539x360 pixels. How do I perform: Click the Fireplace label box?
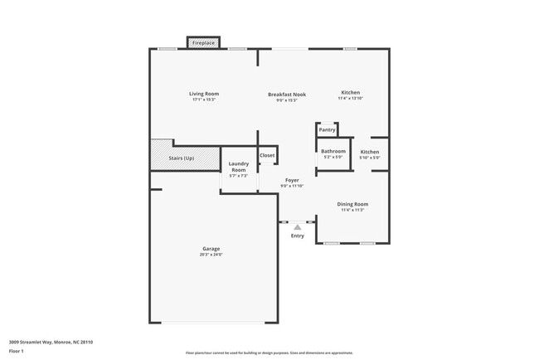click(x=203, y=42)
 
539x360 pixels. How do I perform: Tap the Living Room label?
click(x=203, y=94)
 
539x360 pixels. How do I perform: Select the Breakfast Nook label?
click(x=286, y=95)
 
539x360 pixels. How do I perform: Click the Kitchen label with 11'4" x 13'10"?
click(x=350, y=92)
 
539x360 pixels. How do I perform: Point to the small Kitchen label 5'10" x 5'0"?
click(x=370, y=152)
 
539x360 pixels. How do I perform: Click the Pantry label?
click(x=328, y=129)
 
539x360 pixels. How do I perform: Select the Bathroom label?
click(x=333, y=151)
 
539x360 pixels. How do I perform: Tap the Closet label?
click(x=267, y=155)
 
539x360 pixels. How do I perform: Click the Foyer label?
click(x=292, y=180)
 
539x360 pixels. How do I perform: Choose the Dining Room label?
click(x=352, y=204)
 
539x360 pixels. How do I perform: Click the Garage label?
click(x=211, y=249)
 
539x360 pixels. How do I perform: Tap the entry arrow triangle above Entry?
click(x=298, y=226)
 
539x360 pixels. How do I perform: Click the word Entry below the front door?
click(x=298, y=236)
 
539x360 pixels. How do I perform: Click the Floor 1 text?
click(x=17, y=351)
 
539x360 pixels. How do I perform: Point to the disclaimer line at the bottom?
click(x=269, y=352)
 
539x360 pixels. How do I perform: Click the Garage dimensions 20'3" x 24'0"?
click(x=211, y=255)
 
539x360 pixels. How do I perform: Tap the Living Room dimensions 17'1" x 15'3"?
click(x=203, y=100)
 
